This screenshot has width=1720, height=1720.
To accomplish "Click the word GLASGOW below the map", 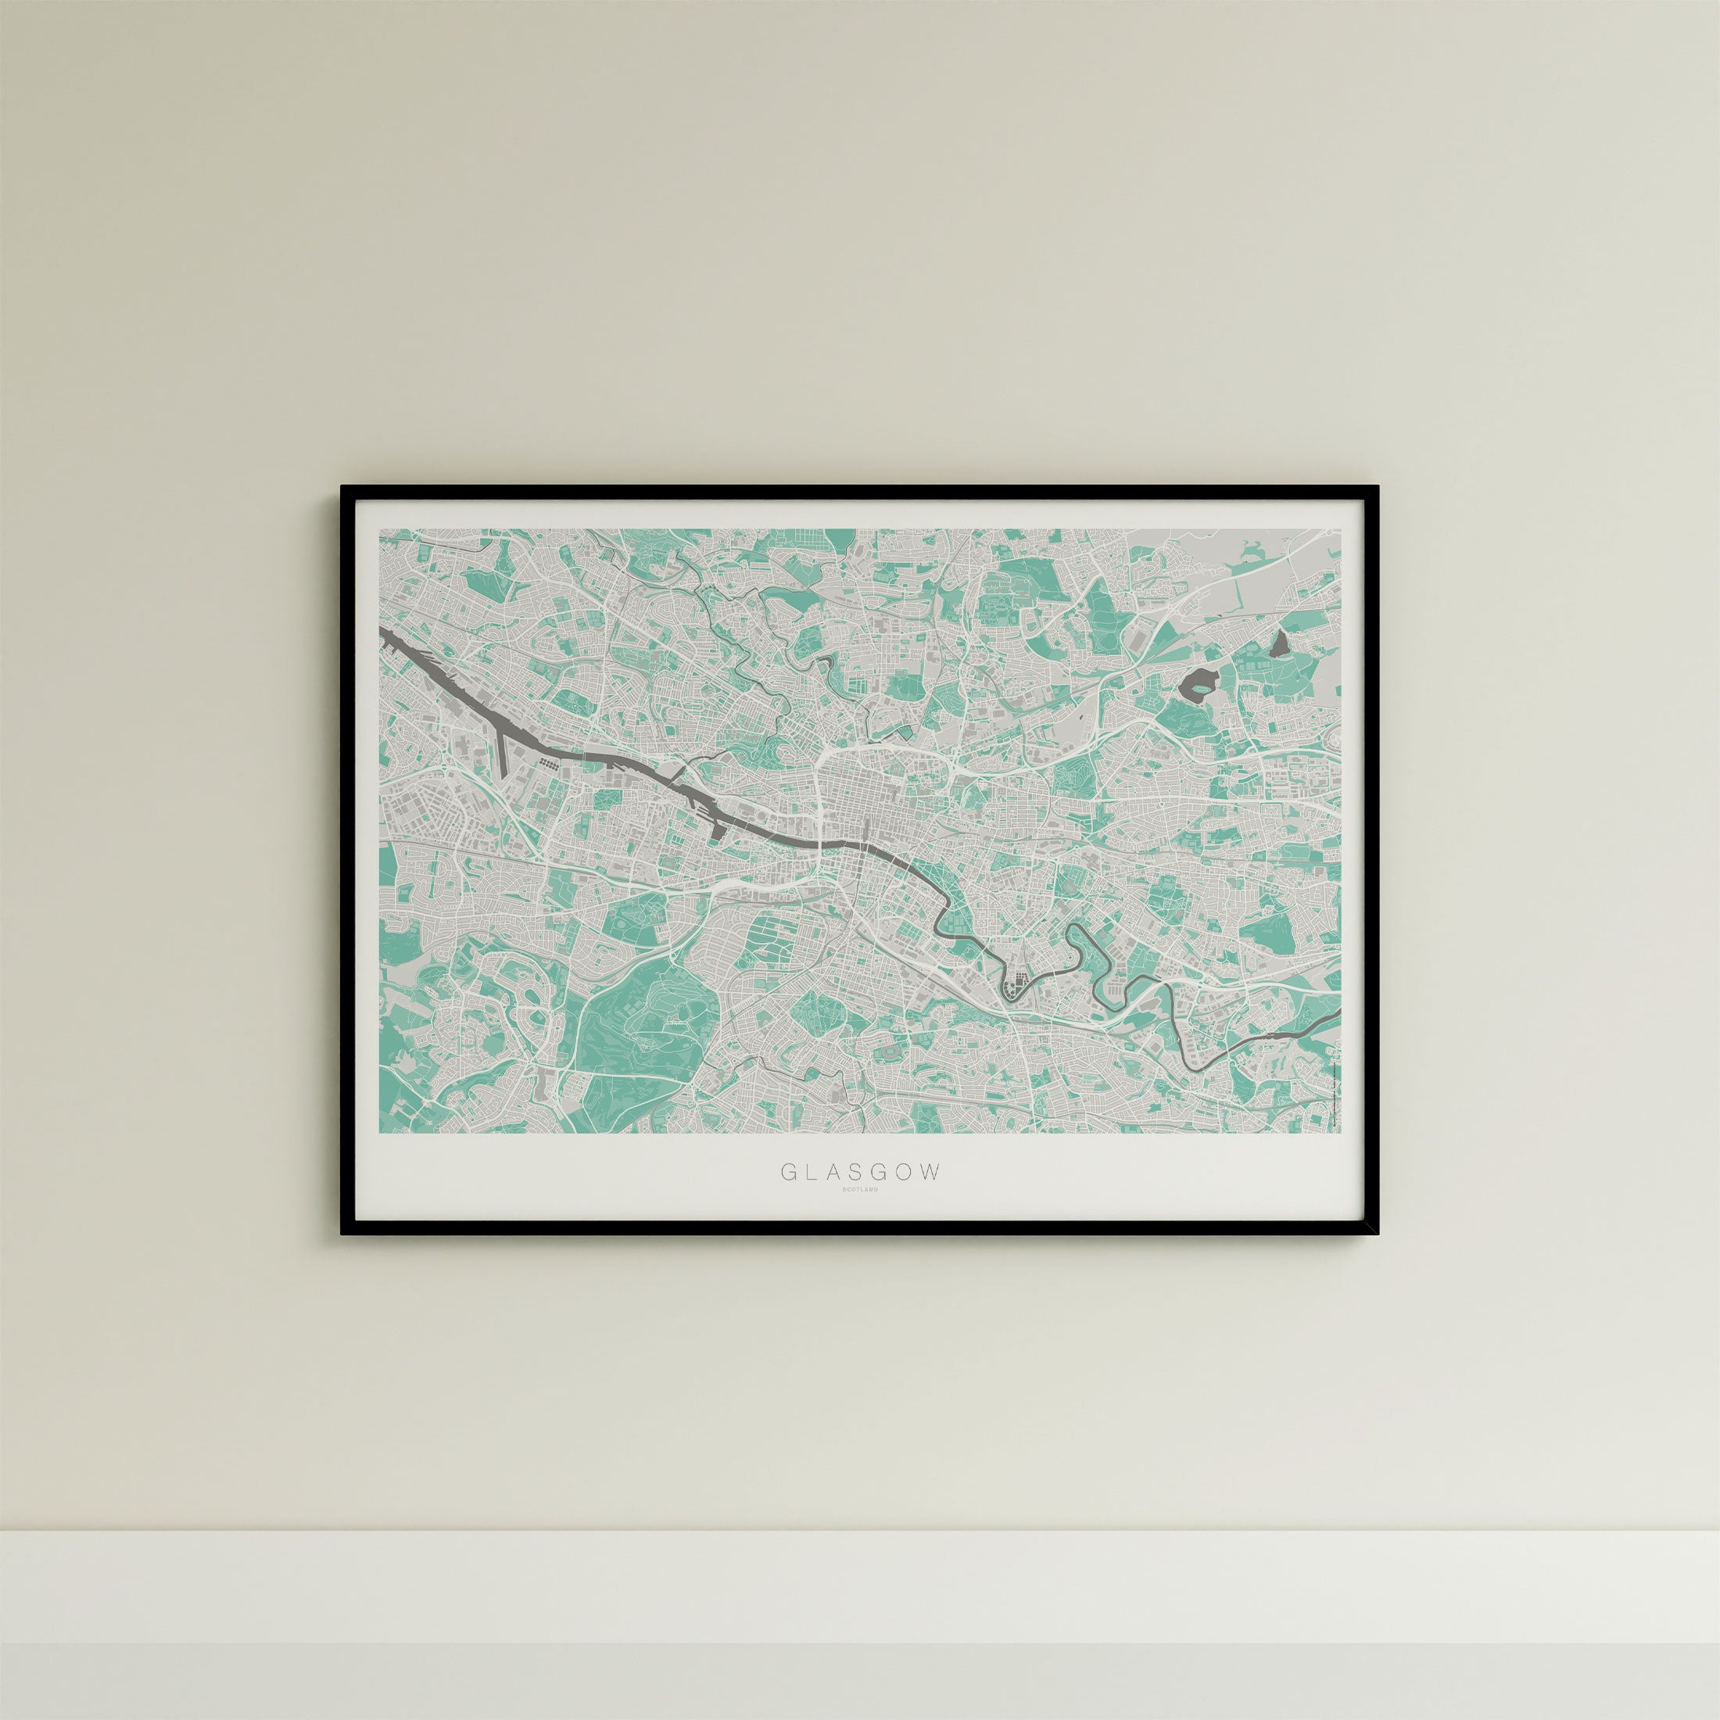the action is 860,1172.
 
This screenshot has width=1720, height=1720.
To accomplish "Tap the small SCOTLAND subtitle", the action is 860,1190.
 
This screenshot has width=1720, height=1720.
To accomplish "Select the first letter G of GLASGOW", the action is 788,1172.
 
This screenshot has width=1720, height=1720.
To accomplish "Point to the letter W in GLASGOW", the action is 930,1172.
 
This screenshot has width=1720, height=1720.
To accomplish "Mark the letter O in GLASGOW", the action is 905,1172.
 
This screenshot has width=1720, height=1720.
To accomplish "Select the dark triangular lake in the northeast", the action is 1282,643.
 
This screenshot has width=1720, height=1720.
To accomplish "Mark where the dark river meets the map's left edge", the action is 383,631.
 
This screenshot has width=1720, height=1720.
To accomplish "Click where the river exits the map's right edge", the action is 1338,1014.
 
